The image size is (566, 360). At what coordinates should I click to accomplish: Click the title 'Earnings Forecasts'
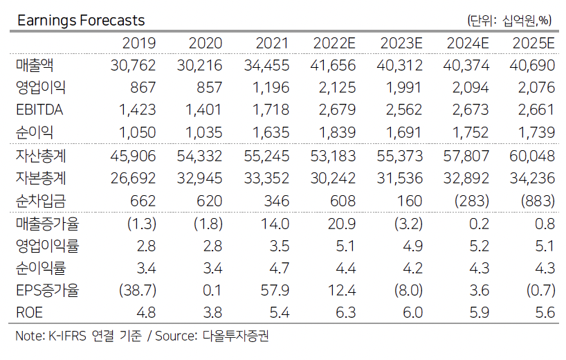click(x=81, y=21)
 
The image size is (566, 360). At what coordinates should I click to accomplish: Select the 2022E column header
click(x=334, y=44)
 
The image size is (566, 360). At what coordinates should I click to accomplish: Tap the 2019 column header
click(x=139, y=44)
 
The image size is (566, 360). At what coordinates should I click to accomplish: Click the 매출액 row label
click(x=35, y=66)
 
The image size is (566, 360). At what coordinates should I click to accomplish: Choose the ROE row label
click(x=29, y=312)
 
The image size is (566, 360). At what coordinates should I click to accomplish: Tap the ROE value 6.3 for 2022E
click(x=346, y=312)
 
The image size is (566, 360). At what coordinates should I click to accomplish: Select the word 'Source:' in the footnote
click(x=176, y=337)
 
